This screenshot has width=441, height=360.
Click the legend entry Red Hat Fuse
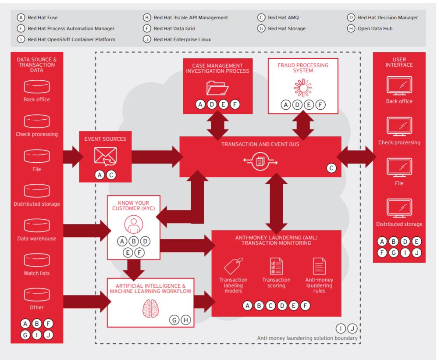coord(37,18)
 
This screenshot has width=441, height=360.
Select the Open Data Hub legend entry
coord(370,29)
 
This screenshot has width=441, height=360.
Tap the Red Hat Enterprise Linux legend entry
coord(177,39)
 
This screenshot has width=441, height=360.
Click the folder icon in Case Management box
coord(217,88)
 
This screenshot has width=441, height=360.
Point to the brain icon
coord(150,309)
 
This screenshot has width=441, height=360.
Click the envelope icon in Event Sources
coord(105,157)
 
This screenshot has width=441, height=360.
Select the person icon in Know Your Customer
coord(134,224)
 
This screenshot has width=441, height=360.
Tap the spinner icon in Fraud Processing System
coord(303,88)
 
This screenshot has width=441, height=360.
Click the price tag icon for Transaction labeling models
coord(234,266)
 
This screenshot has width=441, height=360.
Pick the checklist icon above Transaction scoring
coord(276,266)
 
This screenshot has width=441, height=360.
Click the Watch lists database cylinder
coord(37,260)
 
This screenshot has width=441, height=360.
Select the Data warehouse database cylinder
coord(37,225)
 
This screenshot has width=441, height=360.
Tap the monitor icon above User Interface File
coord(399,168)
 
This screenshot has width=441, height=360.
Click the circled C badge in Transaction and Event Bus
coord(331,168)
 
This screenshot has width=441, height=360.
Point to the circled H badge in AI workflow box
coord(185,320)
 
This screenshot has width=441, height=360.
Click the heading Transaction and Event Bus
coord(260,144)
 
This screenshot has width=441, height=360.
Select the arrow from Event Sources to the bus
coord(157,157)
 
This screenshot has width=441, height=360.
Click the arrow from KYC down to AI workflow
coord(134,270)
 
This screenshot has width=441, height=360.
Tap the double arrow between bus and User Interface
coord(356,157)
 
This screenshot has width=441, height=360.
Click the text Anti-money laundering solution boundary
coord(307,338)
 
